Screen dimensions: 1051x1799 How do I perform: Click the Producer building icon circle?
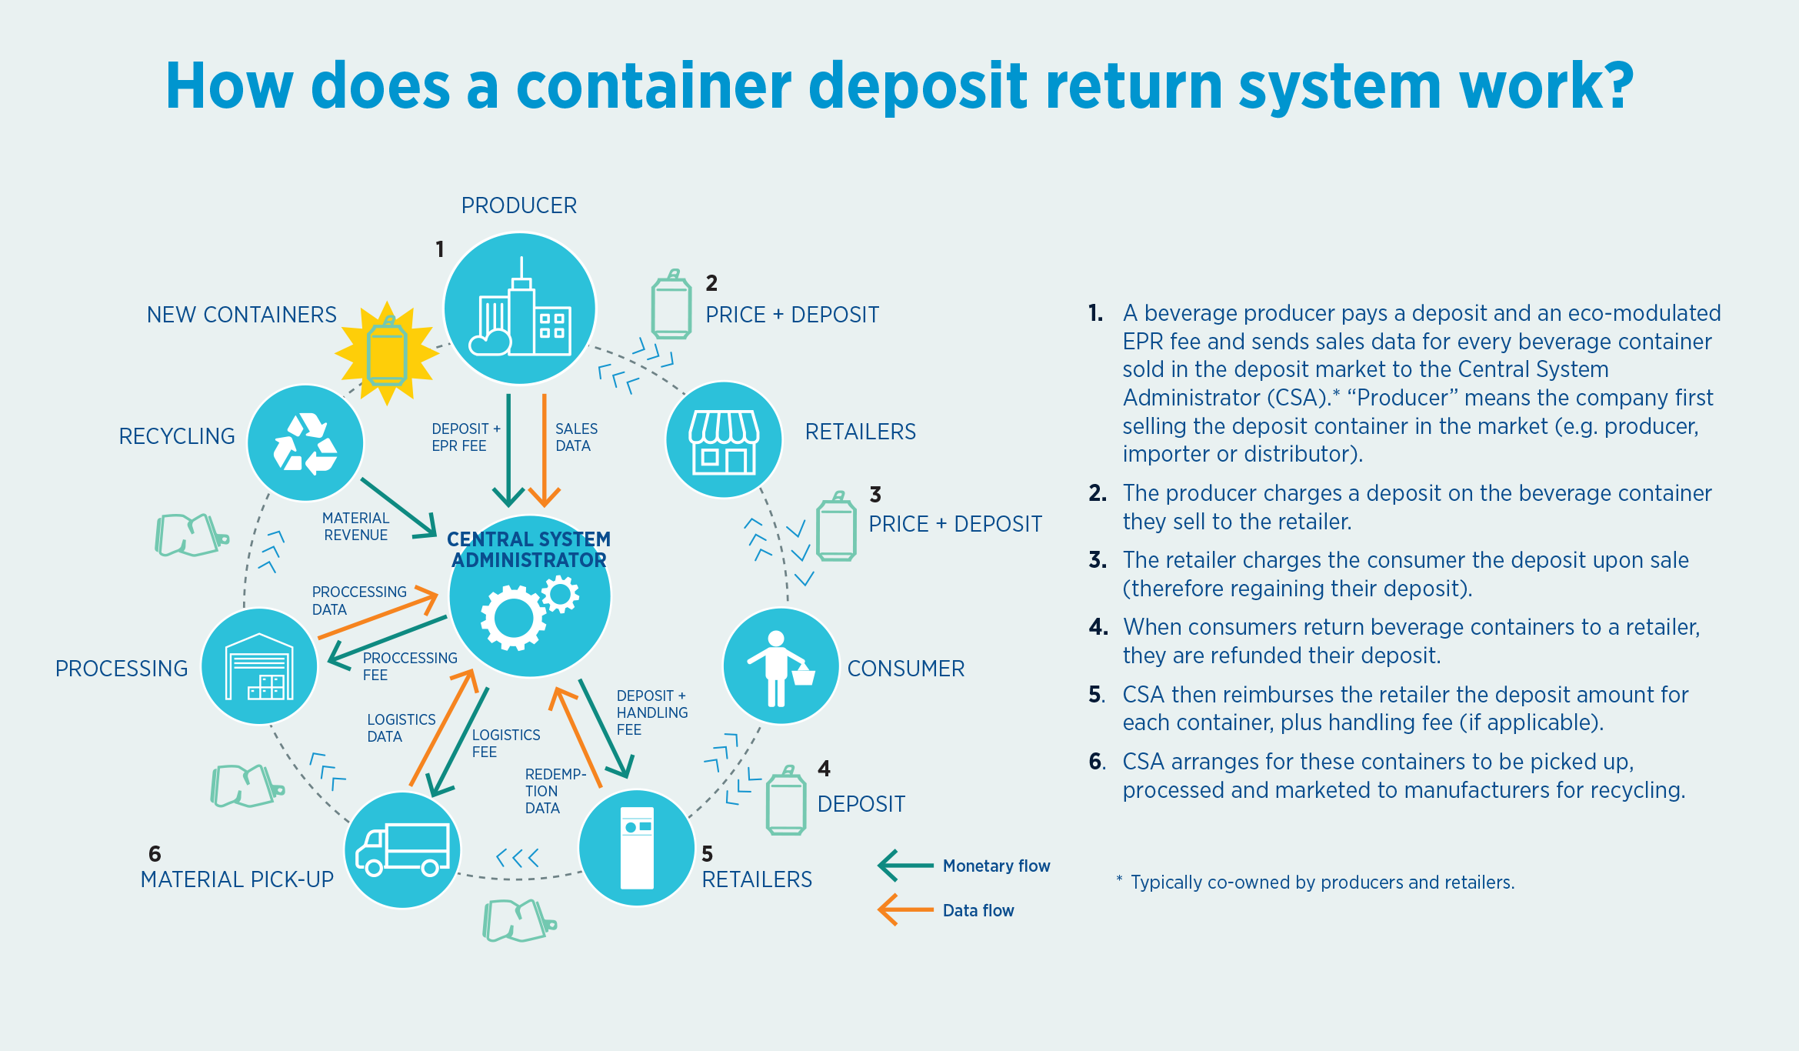520,308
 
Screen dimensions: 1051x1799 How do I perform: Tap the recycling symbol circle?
305,443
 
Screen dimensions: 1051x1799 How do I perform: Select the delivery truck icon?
402,849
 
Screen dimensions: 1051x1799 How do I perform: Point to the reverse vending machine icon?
637,848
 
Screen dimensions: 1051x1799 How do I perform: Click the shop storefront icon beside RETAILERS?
724,440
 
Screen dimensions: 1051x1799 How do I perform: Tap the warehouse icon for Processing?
259,666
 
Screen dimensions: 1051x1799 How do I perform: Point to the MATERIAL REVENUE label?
355,526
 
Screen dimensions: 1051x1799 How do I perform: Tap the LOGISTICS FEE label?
505,743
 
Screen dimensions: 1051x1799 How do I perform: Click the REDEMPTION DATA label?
554,791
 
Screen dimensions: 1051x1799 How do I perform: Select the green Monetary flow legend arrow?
905,866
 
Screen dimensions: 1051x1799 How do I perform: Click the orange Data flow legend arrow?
905,909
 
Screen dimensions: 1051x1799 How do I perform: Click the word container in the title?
654,85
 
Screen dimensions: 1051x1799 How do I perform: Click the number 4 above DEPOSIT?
824,769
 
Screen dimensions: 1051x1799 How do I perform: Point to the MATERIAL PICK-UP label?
237,879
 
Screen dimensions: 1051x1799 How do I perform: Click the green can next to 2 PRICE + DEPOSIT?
671,305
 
